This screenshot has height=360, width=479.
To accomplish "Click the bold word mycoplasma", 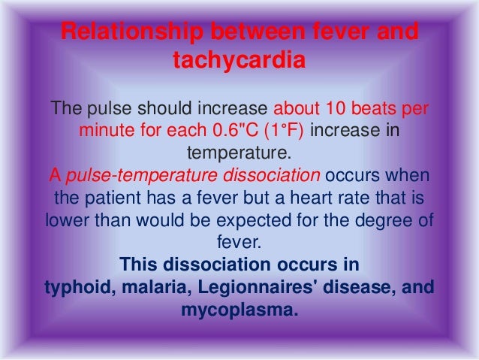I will click(239, 310).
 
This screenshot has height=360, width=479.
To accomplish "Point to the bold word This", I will click(137, 265).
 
